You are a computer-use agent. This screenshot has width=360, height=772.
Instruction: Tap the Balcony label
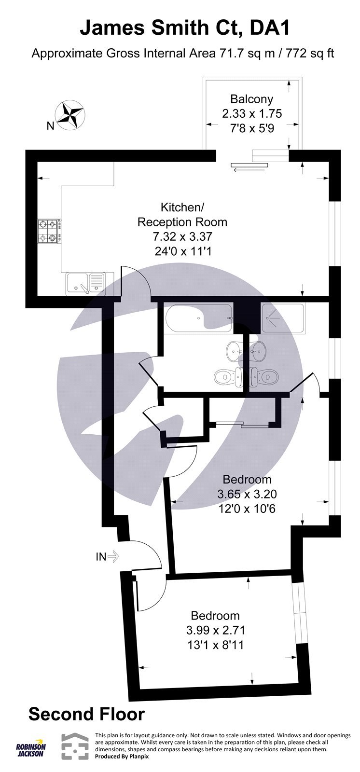tap(251, 99)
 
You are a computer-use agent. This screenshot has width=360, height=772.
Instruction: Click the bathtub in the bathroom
tap(197, 318)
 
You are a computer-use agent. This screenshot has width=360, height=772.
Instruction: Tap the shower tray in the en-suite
tap(282, 318)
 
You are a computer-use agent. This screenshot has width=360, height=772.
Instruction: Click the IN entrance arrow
tap(107, 557)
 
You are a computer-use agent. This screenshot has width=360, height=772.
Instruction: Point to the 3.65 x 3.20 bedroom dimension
tap(247, 494)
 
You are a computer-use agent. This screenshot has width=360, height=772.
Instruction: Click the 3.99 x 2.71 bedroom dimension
tap(216, 630)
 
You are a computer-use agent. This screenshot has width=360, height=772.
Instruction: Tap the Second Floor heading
tap(86, 714)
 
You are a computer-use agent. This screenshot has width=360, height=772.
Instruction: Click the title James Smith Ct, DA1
tap(185, 28)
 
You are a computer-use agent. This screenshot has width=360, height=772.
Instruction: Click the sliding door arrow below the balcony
tap(249, 168)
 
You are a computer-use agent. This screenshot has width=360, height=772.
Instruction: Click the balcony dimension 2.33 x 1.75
tap(251, 114)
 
